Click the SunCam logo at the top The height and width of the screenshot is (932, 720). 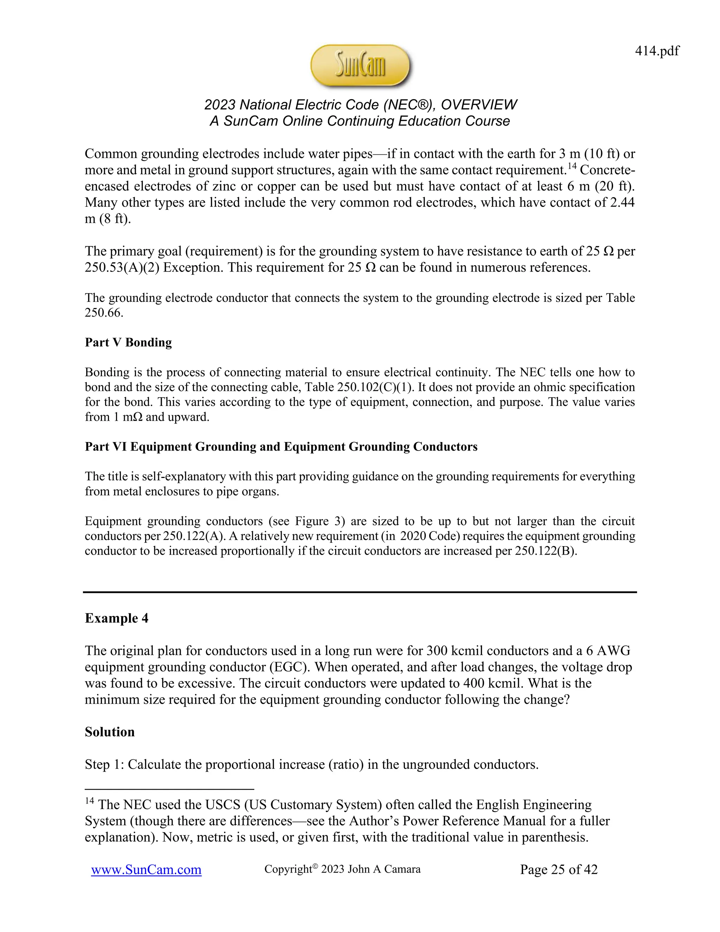click(x=360, y=66)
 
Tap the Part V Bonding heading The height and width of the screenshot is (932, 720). click(x=128, y=342)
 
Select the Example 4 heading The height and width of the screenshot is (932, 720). click(x=116, y=618)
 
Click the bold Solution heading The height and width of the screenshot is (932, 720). click(x=110, y=732)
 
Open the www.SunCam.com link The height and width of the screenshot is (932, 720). click(x=146, y=870)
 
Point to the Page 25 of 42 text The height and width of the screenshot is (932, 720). click(x=558, y=869)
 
